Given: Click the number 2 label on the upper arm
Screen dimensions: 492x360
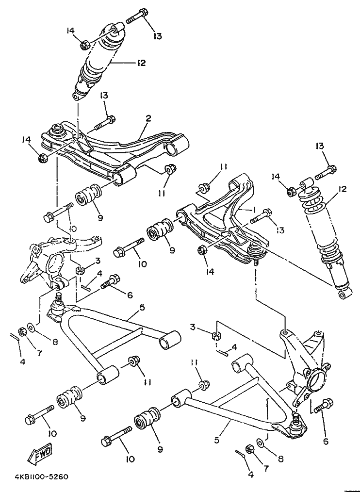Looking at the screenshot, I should (x=148, y=118).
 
